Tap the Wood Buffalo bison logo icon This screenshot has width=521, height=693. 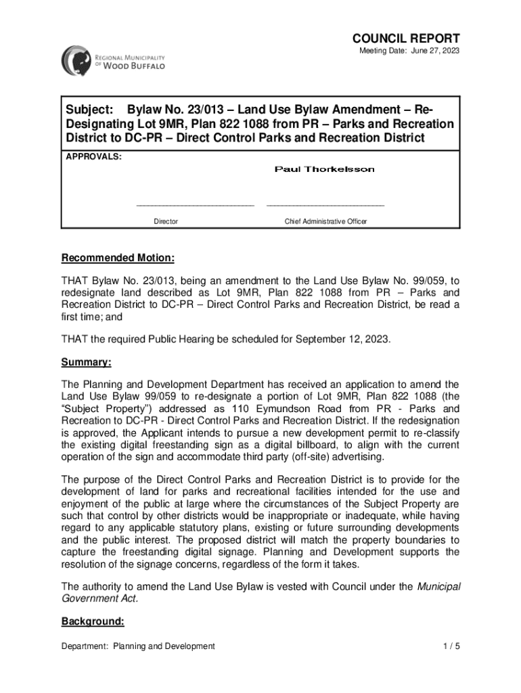click(x=74, y=60)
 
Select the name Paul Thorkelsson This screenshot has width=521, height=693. click(x=324, y=169)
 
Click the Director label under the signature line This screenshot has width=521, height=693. click(x=166, y=221)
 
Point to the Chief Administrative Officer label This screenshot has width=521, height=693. click(x=325, y=221)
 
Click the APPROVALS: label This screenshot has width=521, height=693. click(x=93, y=156)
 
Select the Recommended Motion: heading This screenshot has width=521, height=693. click(x=118, y=259)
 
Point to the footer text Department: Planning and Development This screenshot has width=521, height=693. click(x=138, y=646)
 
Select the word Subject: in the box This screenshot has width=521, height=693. click(x=88, y=110)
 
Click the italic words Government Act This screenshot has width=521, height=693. click(x=99, y=598)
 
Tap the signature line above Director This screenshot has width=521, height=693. click(x=195, y=204)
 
